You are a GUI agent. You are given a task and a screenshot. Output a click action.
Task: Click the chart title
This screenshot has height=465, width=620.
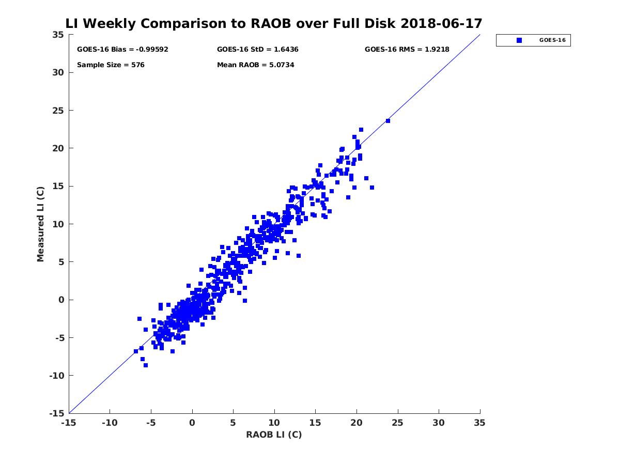point(274,23)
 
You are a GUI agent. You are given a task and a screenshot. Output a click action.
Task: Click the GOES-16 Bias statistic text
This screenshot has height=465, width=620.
point(122,50)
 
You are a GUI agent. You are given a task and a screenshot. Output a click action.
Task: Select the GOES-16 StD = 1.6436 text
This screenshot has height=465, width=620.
point(257,50)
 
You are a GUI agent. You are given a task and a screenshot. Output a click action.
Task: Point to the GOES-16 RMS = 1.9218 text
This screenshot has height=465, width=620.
point(407,50)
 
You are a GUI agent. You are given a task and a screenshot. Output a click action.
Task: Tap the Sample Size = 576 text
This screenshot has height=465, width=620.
point(111,65)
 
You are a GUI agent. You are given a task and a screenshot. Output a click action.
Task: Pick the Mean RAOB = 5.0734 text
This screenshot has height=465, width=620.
point(255,65)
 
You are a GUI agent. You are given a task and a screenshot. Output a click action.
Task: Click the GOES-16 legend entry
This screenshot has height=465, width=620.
point(533,40)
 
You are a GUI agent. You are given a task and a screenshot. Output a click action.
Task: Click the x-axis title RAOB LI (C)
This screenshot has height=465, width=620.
point(274,435)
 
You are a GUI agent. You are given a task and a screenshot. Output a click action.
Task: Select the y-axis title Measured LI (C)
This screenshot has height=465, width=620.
point(41,224)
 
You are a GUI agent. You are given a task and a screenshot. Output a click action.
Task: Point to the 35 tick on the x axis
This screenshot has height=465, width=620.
point(479,423)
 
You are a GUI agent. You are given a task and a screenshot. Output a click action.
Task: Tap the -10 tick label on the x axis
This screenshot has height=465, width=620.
point(110,423)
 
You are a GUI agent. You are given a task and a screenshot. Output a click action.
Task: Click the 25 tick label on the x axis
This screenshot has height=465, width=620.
point(397,423)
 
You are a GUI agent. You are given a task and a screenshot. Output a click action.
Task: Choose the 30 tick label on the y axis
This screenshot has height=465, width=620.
point(58,72)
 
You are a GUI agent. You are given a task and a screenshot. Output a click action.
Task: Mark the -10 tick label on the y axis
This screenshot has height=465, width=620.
point(56,376)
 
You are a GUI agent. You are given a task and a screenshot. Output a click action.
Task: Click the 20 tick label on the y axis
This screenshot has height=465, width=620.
point(58,148)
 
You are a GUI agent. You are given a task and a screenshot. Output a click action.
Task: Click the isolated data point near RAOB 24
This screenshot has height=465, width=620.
point(388,121)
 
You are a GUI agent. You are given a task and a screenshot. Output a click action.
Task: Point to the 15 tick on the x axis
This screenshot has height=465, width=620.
point(315,423)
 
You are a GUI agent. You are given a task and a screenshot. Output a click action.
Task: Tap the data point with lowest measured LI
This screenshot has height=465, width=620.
point(146,365)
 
